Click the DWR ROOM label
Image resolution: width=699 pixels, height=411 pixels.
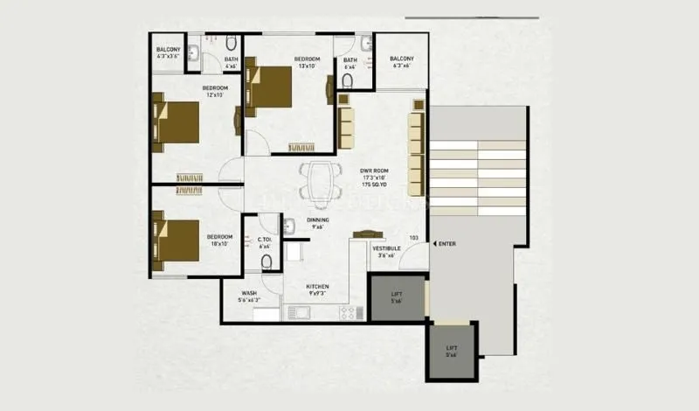click(374, 171)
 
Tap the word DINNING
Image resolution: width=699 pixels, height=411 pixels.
click(317, 221)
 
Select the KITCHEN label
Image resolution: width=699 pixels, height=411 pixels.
click(316, 287)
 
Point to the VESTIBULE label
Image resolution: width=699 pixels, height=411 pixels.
click(386, 249)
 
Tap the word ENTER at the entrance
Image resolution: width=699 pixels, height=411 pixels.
click(446, 244)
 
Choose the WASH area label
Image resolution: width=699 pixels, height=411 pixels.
click(249, 294)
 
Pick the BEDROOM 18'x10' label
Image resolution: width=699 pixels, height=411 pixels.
click(219, 237)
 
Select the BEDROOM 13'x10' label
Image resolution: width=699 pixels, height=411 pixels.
click(307, 59)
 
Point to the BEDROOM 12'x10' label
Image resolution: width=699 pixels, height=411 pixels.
click(215, 88)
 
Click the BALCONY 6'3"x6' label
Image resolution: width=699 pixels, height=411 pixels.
click(402, 59)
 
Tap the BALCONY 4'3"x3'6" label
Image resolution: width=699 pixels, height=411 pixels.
click(168, 50)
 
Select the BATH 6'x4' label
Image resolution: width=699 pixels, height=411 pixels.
click(349, 59)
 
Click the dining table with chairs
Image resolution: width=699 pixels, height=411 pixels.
click(317, 182)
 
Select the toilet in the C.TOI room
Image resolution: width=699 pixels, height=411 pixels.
click(267, 261)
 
